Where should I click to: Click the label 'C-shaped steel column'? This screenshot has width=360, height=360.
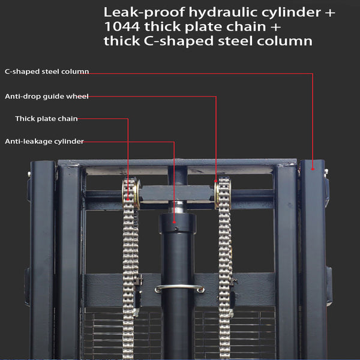point(47,71)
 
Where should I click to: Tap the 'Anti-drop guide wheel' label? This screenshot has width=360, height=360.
point(47,96)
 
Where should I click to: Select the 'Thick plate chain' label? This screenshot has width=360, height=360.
point(46,118)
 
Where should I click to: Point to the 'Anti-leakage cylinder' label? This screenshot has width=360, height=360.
point(44,141)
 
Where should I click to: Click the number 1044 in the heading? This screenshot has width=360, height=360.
point(122,26)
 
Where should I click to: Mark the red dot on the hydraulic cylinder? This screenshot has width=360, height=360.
point(174,222)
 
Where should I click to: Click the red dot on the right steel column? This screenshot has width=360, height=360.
point(313,169)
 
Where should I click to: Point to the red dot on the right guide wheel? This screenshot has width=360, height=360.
point(216,181)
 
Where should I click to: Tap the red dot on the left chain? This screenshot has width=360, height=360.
point(128,199)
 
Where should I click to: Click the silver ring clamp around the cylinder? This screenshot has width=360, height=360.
point(179,288)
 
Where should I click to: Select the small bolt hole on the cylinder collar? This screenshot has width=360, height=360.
point(176,229)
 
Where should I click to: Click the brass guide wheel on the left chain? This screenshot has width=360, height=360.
point(136,194)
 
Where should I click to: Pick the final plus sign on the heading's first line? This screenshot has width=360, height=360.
point(330,13)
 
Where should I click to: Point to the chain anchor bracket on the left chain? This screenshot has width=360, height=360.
point(139,280)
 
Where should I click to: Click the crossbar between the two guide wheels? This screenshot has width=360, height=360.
point(177,194)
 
